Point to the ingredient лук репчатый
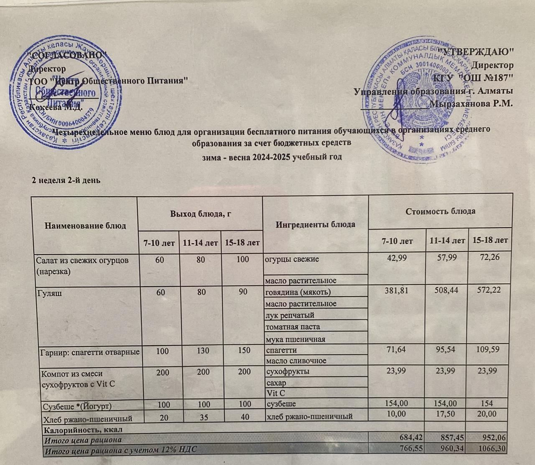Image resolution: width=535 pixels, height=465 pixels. (289, 315)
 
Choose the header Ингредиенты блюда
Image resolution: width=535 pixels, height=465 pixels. (316, 224)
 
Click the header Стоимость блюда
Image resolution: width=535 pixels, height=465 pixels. (440, 211)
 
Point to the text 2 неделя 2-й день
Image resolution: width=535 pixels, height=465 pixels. (66, 180)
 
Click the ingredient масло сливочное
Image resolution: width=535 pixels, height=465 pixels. (296, 360)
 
